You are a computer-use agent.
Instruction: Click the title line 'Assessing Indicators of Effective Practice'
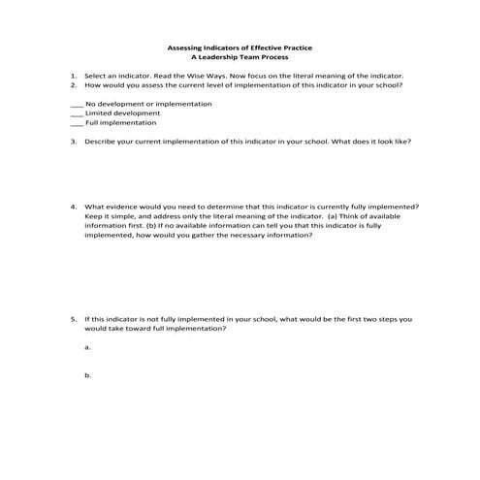coord(240,48)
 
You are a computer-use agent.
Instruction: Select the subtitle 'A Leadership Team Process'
coord(240,57)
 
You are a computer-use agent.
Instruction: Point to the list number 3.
coord(73,142)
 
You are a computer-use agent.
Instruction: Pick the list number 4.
coord(73,207)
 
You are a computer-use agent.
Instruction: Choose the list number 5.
coord(73,318)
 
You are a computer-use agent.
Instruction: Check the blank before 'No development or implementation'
coord(77,104)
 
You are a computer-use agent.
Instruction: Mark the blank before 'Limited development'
coord(77,113)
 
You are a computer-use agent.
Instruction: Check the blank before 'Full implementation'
coord(77,123)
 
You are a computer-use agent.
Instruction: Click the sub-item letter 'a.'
coord(88,346)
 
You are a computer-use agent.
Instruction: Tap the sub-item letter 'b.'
coord(88,374)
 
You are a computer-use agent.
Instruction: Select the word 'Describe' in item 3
coord(102,142)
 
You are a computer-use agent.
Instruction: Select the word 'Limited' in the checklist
coord(99,113)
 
